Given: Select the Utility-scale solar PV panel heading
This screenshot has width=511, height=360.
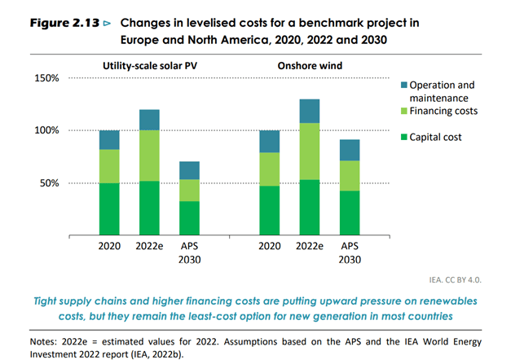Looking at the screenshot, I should point(151,65).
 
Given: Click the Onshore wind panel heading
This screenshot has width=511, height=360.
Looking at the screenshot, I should point(310,65).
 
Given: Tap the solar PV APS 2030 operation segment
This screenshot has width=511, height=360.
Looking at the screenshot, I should point(190,170).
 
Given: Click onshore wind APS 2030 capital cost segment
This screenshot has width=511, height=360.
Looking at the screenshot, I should point(349,213).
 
